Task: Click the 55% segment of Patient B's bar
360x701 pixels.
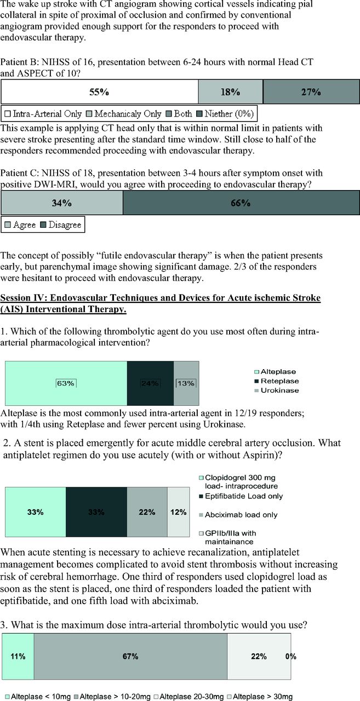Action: (x=100, y=92)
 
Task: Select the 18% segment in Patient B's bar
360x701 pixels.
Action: (x=231, y=92)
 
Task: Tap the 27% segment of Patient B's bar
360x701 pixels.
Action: (x=310, y=92)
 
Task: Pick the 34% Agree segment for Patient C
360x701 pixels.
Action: (x=62, y=203)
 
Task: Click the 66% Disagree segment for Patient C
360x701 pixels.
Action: (x=239, y=203)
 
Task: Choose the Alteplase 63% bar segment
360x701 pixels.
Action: (x=66, y=383)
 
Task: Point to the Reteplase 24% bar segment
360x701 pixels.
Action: (x=150, y=383)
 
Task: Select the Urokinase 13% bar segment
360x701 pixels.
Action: (x=186, y=383)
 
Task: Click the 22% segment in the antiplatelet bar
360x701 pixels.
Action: (x=146, y=513)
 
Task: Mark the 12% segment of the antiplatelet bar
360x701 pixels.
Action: (x=176, y=513)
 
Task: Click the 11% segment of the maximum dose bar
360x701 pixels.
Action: (x=18, y=656)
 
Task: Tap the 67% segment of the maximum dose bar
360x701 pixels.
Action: (x=130, y=656)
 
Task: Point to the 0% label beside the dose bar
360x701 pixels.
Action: (x=291, y=656)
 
